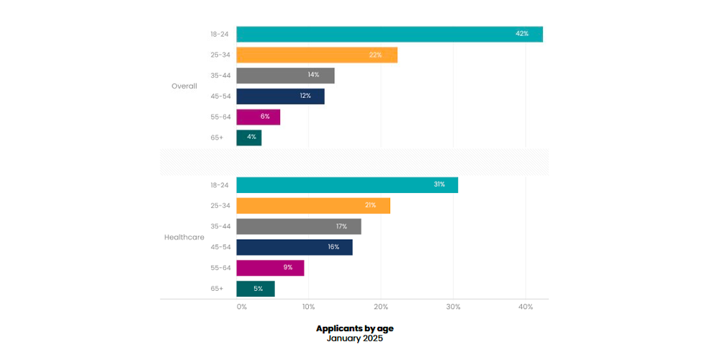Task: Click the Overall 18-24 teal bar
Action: click(389, 34)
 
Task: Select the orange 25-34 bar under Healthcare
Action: click(313, 205)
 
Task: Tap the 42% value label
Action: click(522, 34)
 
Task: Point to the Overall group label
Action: click(184, 86)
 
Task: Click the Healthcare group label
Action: click(184, 237)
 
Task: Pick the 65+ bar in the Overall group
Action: click(249, 138)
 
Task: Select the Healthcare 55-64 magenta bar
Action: click(270, 268)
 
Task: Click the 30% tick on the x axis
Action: click(453, 307)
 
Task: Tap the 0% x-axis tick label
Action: click(242, 307)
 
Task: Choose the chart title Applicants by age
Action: click(355, 328)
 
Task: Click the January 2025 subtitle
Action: click(355, 338)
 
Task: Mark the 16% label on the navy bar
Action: click(333, 247)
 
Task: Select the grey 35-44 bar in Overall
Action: click(285, 76)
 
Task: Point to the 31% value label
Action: click(439, 184)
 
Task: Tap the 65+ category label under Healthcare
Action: click(217, 288)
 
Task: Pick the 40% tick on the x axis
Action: click(526, 307)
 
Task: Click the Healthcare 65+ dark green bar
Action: click(256, 289)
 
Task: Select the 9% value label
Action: click(287, 268)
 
